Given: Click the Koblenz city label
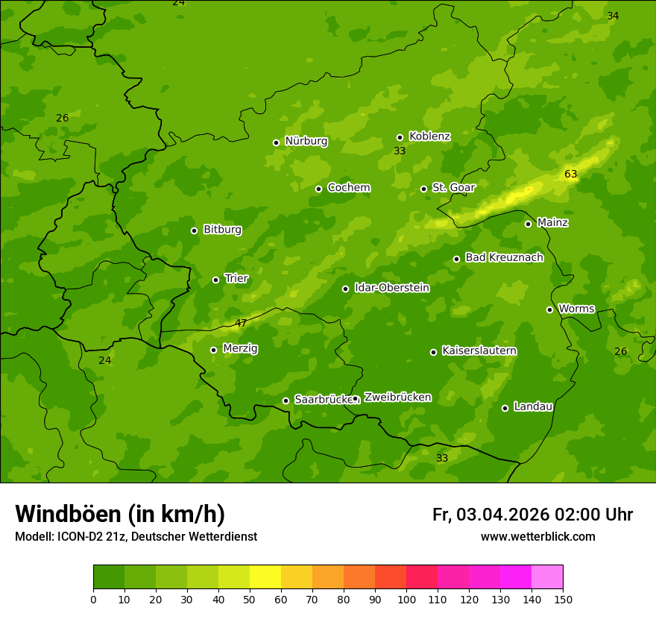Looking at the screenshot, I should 429,136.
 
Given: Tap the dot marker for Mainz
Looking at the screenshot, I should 528,224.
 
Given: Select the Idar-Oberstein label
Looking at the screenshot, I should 391,288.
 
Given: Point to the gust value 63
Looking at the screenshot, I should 570,175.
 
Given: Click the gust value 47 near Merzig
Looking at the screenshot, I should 241,323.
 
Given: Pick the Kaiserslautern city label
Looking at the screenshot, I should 479,351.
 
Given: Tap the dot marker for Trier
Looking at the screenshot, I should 215,280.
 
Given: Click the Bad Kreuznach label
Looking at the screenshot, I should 504,257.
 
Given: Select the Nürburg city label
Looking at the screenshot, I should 306,141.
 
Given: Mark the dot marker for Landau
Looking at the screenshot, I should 505,408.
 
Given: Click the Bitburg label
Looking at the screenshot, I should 222,230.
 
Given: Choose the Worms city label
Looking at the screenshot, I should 576,309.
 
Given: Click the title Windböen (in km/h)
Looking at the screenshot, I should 120,514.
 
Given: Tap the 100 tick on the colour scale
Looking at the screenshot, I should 406,598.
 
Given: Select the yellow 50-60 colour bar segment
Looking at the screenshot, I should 265,577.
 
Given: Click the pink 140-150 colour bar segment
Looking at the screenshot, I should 547,577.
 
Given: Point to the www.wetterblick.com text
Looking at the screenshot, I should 537,536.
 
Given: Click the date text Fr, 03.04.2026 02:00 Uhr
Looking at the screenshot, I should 532,515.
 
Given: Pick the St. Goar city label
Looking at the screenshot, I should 453,187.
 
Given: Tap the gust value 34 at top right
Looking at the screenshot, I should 613,16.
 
